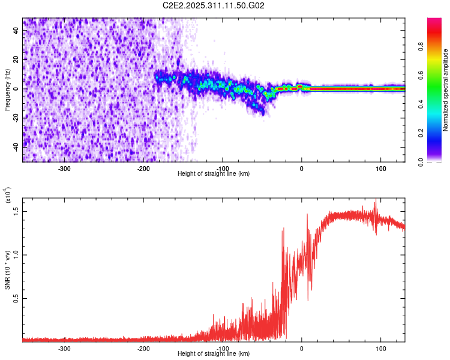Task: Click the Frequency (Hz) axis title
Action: point(7,90)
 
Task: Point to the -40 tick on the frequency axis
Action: point(16,146)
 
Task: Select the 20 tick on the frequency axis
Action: point(17,60)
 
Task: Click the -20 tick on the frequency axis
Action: point(16,118)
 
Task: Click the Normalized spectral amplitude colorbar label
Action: point(445,90)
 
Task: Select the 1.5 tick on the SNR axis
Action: point(17,211)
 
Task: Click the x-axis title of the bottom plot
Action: point(214,353)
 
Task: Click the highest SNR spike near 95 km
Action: point(376,200)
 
